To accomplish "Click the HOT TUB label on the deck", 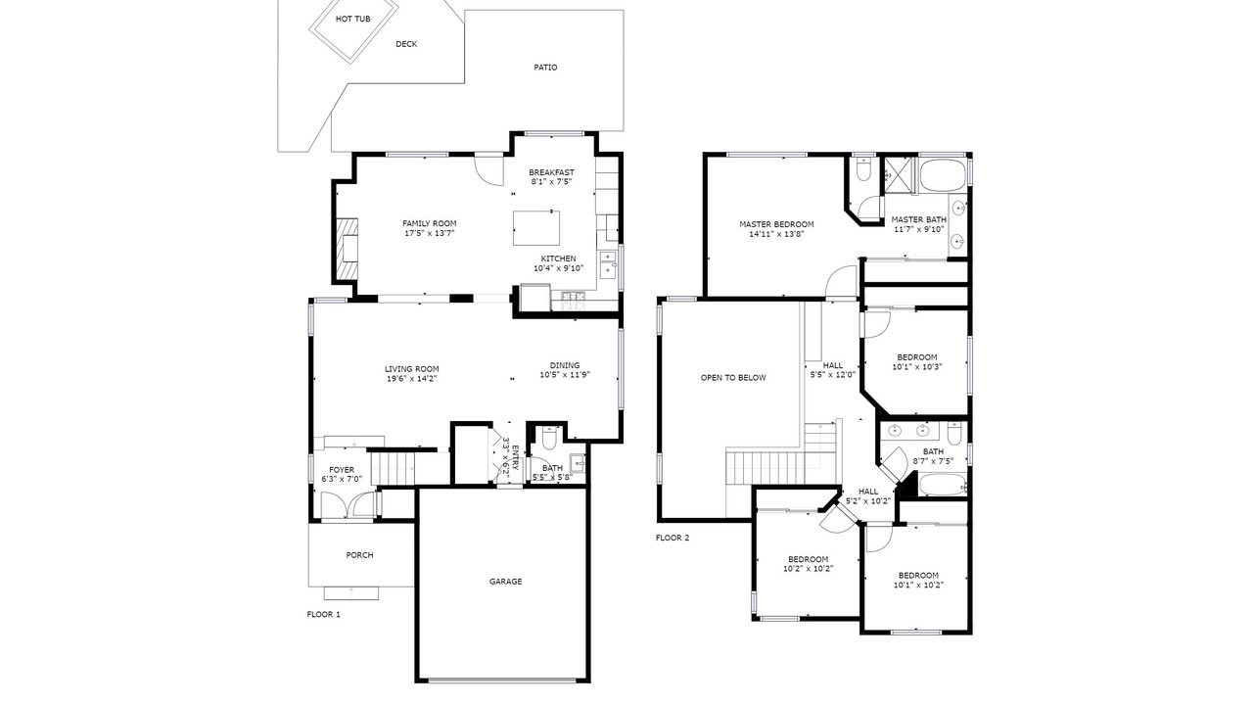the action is click(353, 19).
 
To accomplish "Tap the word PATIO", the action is click(545, 68).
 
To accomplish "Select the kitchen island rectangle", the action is click(536, 228).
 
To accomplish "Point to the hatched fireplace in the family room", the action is click(347, 249).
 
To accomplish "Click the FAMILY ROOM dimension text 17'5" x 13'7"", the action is click(430, 233).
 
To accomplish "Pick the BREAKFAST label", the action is click(551, 172).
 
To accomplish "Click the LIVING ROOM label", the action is click(412, 369).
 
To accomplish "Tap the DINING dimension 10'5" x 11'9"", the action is click(565, 375).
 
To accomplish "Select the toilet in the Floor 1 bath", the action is click(549, 437).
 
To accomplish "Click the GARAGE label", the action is click(506, 582).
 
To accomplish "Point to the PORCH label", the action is click(359, 555).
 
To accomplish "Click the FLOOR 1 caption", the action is click(323, 614).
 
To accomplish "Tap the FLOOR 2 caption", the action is click(673, 538).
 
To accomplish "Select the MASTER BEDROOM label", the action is click(776, 224).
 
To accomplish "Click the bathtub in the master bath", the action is click(944, 174).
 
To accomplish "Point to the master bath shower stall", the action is click(900, 175).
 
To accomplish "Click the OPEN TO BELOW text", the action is click(733, 378).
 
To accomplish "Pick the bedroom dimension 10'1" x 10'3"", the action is click(917, 367).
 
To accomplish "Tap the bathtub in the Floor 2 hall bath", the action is click(943, 485).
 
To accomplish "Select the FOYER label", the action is click(342, 470).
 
